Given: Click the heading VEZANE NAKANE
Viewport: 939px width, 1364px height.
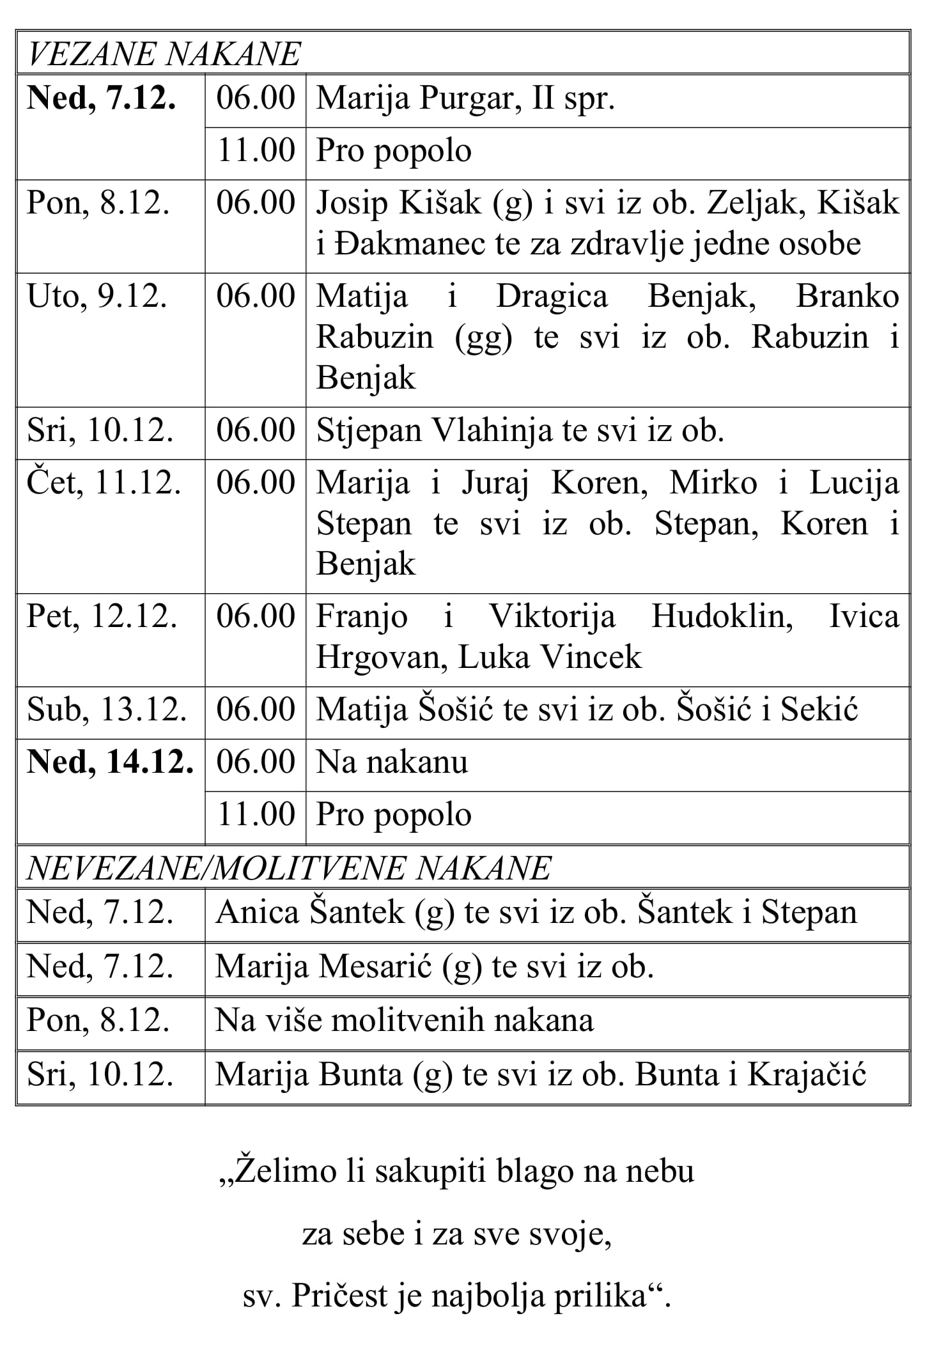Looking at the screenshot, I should pyautogui.click(x=164, y=54).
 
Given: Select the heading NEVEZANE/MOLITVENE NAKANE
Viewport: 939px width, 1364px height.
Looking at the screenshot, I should pyautogui.click(x=288, y=868).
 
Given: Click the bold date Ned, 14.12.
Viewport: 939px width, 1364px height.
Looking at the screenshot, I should pyautogui.click(x=110, y=762).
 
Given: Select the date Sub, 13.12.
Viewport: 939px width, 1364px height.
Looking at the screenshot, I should pyautogui.click(x=107, y=709).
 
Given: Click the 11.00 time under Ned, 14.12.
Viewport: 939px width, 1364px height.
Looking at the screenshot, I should pyautogui.click(x=256, y=815).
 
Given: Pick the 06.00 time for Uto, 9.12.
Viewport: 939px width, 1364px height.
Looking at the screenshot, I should pyautogui.click(x=256, y=297).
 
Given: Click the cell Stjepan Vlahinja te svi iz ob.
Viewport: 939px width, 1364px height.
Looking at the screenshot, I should pyautogui.click(x=520, y=431).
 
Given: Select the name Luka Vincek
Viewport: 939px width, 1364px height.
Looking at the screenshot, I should pyautogui.click(x=550, y=658).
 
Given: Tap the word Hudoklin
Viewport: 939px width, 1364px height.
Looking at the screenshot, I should pyautogui.click(x=722, y=617).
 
